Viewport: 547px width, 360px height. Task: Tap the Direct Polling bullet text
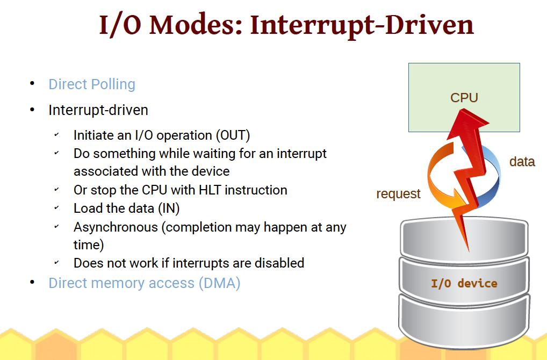click(x=92, y=84)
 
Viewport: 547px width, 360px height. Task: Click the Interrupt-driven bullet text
click(x=98, y=110)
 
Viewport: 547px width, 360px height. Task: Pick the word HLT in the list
click(x=210, y=190)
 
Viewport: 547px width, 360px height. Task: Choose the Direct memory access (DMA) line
click(x=145, y=283)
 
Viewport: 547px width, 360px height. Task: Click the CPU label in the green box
click(x=464, y=98)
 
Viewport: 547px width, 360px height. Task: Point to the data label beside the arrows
click(x=522, y=162)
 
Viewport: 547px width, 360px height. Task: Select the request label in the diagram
click(x=398, y=193)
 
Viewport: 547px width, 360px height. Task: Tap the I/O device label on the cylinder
click(x=464, y=283)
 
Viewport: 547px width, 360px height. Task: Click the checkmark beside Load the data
click(x=56, y=208)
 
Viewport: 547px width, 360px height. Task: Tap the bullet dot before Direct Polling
click(x=32, y=83)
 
